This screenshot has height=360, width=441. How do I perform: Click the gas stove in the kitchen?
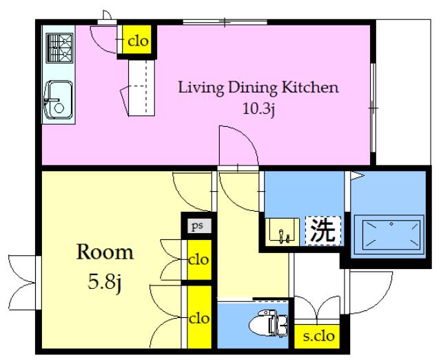coord(60,48)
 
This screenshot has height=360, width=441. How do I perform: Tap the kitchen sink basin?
coord(59,99)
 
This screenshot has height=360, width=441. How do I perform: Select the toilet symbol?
coord(268,323)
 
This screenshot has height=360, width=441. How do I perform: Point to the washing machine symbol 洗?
coord(323,231)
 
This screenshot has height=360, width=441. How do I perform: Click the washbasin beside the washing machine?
coord(282,230)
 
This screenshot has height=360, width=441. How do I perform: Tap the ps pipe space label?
coord(197,226)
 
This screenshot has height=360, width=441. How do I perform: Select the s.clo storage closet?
coord(317,337)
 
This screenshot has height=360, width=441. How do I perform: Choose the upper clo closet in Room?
coord(199,260)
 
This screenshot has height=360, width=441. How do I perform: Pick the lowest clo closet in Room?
coord(199,317)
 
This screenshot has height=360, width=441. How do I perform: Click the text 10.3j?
coord(258,109)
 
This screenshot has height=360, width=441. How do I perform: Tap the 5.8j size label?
coord(105,282)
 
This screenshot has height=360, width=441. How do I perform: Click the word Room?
coord(105,252)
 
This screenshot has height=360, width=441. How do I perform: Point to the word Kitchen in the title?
coord(310,88)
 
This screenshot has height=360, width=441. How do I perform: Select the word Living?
coord(201,88)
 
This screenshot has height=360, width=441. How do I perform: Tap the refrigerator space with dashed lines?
coord(141,88)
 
